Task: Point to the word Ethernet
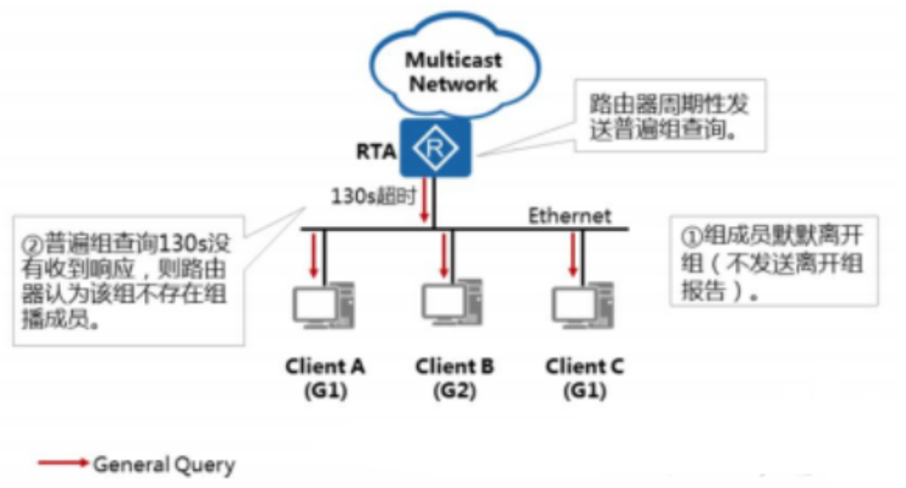[x=570, y=216]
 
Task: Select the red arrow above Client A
[x=315, y=256]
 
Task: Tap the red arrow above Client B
[x=443, y=255]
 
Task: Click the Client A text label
[x=325, y=367]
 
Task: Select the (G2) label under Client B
[x=454, y=392]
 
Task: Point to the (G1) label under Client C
[x=585, y=392]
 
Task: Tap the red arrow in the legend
[x=64, y=463]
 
